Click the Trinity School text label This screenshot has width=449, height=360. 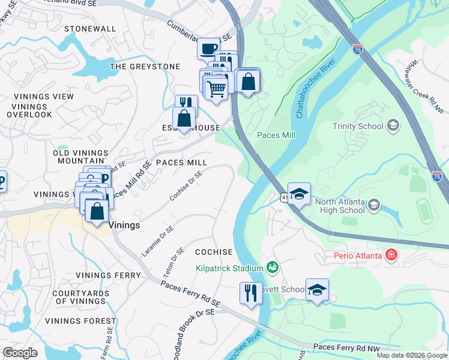(358, 126)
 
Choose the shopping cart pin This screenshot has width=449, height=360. (216, 88)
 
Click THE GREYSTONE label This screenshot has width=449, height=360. (145, 67)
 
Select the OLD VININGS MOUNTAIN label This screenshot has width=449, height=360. (80, 157)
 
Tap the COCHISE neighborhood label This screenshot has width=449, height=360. (213, 252)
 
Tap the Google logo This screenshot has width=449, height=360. (20, 353)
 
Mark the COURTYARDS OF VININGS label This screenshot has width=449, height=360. (79, 297)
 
